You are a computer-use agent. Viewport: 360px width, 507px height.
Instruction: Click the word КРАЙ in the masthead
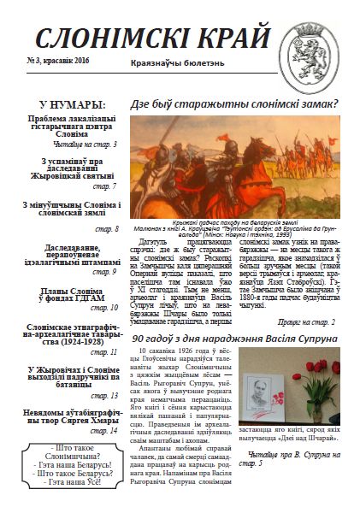(x=236, y=36)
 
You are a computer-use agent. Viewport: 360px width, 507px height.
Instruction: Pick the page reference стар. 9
(x=104, y=272)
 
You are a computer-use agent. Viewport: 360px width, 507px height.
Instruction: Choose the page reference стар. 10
(x=104, y=308)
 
